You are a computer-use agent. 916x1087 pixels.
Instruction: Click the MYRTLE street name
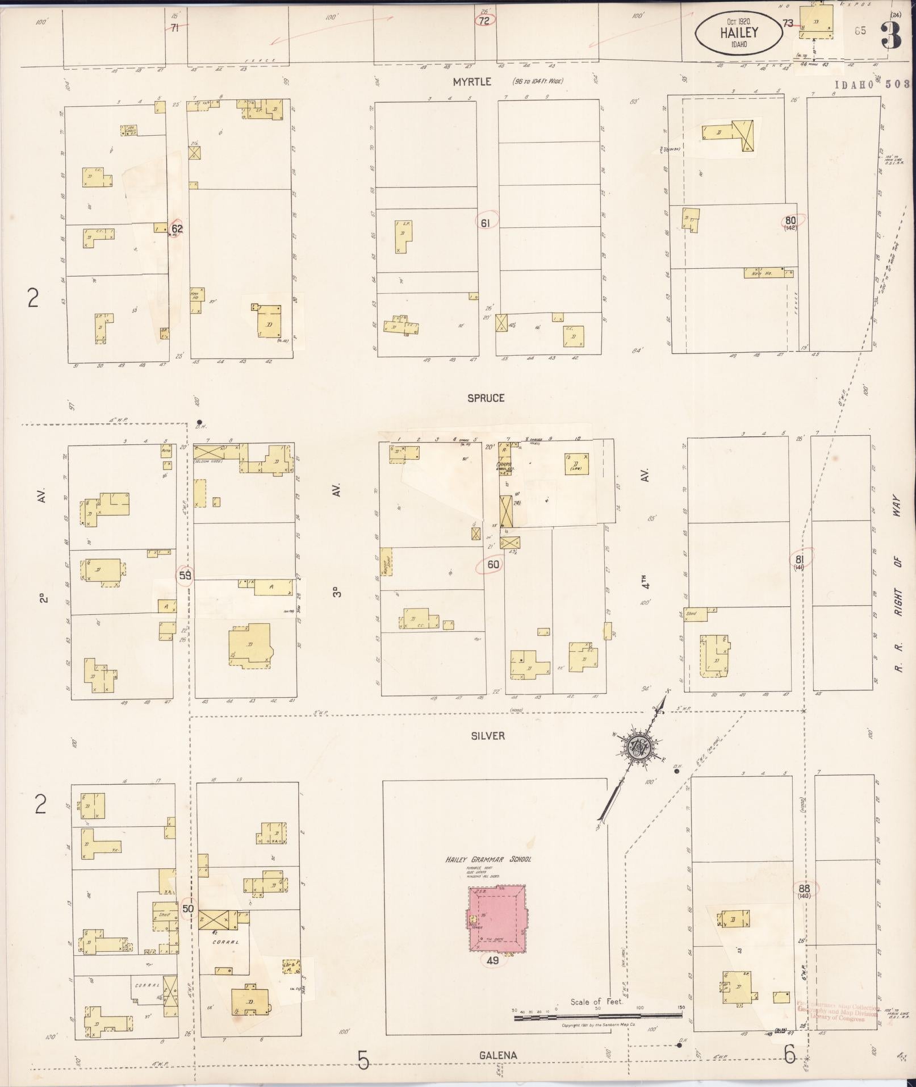coord(471,82)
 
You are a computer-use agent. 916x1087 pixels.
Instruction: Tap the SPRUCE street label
coord(486,398)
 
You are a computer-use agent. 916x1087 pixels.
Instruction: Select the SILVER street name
coord(487,736)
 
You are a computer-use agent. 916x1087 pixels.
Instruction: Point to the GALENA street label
coord(497,1056)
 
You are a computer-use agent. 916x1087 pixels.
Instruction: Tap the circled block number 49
coord(492,961)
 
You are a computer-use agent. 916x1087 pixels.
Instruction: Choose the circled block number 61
coord(485,223)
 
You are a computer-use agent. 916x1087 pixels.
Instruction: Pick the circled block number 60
coord(492,565)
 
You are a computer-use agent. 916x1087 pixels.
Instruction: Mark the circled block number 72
coord(484,20)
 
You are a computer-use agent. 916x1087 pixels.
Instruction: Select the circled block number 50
coord(188,909)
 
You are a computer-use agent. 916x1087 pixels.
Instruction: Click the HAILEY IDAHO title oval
coord(737,34)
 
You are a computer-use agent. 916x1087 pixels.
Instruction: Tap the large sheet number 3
coord(891,35)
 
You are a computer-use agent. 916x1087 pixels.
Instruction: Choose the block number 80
coord(790,222)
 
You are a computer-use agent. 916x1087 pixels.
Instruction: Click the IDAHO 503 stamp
coord(872,84)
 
